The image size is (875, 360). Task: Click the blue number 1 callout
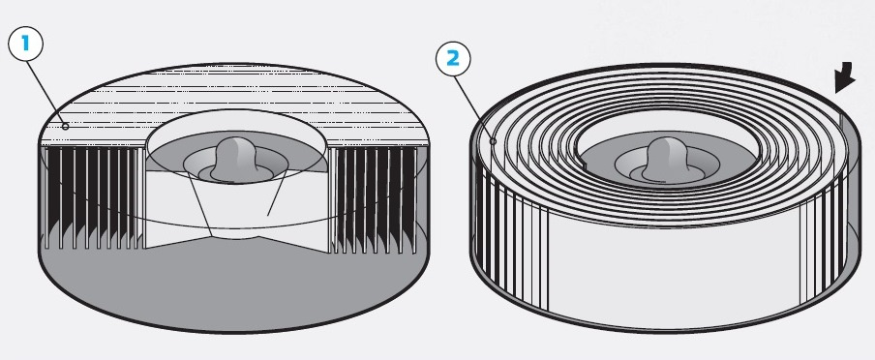(26, 44)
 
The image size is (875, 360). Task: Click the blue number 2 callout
(453, 59)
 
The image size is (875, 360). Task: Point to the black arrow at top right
(845, 77)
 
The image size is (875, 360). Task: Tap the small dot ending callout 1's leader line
(65, 127)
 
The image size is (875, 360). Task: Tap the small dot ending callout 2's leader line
(493, 141)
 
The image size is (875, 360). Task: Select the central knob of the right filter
(667, 159)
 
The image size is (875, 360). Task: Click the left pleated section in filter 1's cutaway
(92, 198)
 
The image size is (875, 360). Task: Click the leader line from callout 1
(45, 93)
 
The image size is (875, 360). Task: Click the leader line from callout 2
(473, 107)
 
